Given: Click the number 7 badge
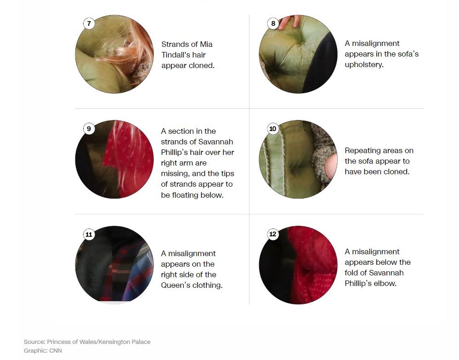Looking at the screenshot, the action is [x=89, y=23].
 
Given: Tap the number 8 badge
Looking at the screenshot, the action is [x=273, y=23].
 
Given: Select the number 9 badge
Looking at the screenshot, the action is [x=89, y=129].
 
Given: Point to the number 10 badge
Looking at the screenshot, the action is [x=273, y=129].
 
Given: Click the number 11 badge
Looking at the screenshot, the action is [x=89, y=234].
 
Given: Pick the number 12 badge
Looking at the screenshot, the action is [x=273, y=234].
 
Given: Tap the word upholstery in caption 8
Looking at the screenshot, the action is [x=363, y=65].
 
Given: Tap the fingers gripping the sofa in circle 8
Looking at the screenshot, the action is [x=289, y=22].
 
